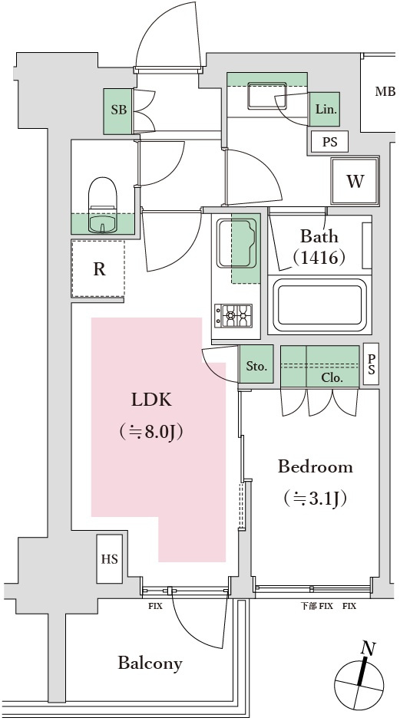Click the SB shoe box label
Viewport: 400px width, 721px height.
pyautogui.click(x=119, y=110)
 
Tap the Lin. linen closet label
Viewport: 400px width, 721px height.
pyautogui.click(x=326, y=110)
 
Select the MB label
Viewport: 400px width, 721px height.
pyautogui.click(x=385, y=91)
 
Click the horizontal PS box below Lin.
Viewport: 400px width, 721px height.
pyautogui.click(x=329, y=142)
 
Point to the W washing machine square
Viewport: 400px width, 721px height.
pyautogui.click(x=355, y=181)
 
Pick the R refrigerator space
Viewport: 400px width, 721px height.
pyautogui.click(x=98, y=269)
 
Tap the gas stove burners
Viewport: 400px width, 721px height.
pyautogui.click(x=233, y=316)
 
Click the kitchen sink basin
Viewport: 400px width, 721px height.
pyautogui.click(x=236, y=243)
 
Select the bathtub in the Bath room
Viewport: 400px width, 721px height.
pyautogui.click(x=319, y=304)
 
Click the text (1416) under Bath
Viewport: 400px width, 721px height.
pyautogui.click(x=322, y=258)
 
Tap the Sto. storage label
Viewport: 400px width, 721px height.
pyautogui.click(x=256, y=367)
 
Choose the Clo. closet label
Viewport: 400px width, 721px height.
pyautogui.click(x=332, y=378)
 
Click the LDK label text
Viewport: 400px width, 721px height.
pyautogui.click(x=151, y=400)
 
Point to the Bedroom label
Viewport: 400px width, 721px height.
pyautogui.click(x=316, y=466)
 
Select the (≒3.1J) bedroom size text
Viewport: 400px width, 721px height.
pyautogui.click(x=315, y=498)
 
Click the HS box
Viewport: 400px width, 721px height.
pyautogui.click(x=110, y=558)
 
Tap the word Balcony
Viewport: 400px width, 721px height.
pyautogui.click(x=150, y=663)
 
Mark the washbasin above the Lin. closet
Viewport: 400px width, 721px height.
pyautogui.click(x=267, y=96)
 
